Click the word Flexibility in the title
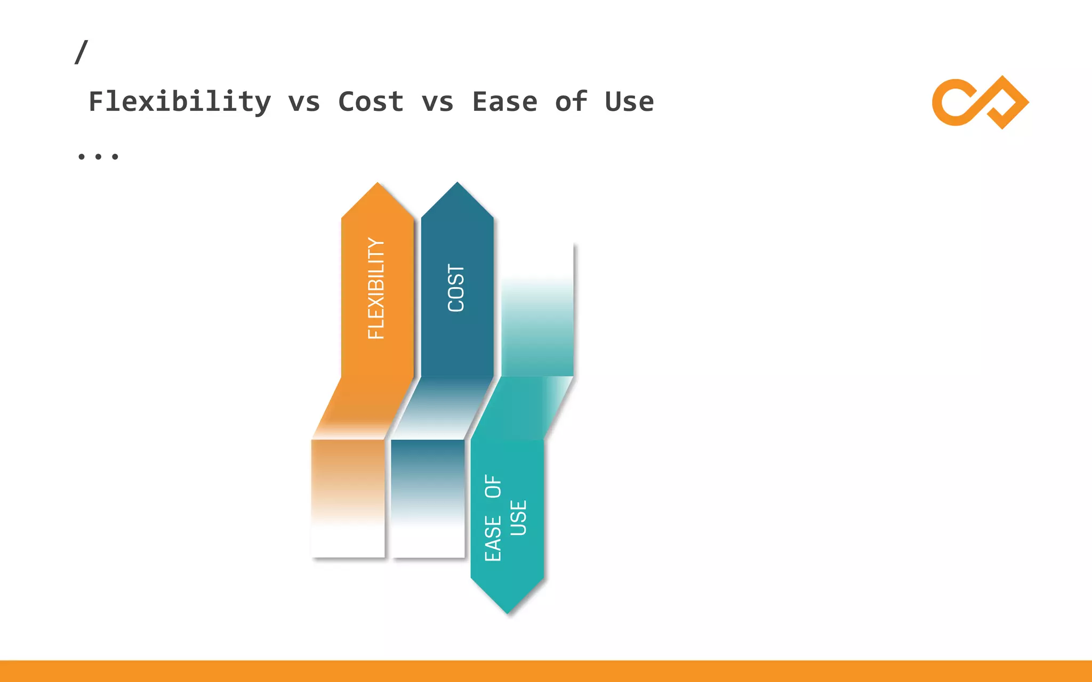180,102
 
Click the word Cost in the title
371,102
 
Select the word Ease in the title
504,102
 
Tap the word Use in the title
629,102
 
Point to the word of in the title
571,102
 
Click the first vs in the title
304,102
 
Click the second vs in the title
437,102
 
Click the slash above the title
81,52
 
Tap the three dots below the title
98,156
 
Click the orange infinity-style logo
979,102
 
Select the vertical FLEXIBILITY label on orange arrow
376,288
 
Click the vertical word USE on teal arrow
518,517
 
